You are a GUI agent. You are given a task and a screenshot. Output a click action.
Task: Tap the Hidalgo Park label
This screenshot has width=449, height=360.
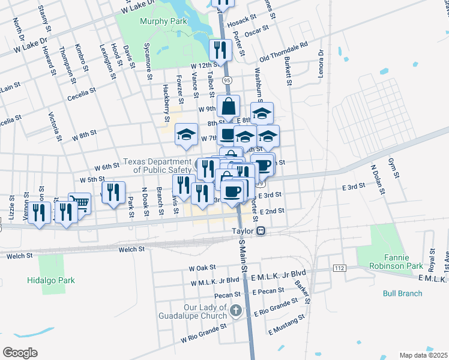(x=50, y=280)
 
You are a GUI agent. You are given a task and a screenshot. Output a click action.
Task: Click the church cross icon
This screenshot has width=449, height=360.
(x=237, y=311)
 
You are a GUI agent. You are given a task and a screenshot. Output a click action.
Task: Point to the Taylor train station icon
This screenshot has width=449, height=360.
(x=261, y=230)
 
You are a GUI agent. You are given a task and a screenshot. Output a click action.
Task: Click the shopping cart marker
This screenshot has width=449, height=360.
(x=79, y=203)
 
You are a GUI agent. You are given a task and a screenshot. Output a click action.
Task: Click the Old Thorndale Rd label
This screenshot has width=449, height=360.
(x=283, y=52)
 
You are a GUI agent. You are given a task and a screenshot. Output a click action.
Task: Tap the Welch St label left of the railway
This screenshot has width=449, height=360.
(x=131, y=249)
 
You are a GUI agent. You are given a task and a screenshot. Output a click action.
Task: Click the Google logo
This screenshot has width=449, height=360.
(x=20, y=353)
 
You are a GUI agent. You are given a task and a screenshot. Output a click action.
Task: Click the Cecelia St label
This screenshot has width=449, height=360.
(x=82, y=95)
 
